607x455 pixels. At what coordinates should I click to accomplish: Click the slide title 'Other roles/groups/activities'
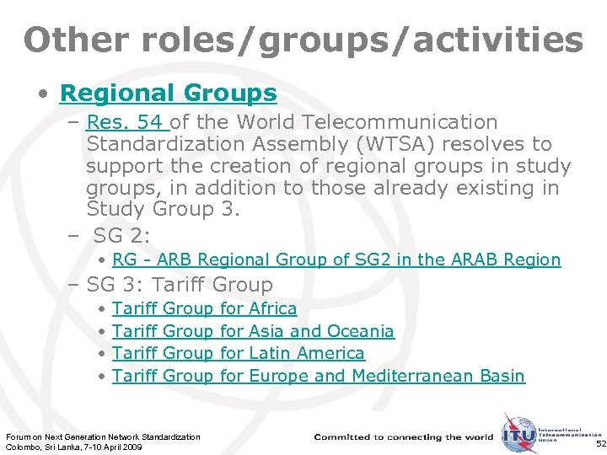[x=303, y=39]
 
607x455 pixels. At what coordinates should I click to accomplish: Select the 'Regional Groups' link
[x=168, y=93]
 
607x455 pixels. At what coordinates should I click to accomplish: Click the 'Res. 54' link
[x=127, y=123]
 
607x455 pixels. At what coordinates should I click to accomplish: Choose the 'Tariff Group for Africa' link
[x=204, y=309]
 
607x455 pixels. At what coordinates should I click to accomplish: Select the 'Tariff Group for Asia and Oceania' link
[x=253, y=332]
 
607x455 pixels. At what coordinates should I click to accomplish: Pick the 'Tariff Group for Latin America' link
[x=238, y=354]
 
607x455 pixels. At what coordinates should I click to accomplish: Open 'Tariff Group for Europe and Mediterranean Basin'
[x=318, y=376]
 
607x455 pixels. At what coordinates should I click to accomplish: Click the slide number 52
[x=600, y=443]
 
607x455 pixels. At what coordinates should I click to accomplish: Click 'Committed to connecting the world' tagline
[x=403, y=437]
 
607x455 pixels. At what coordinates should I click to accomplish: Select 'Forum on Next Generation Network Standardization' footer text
[x=103, y=436]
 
